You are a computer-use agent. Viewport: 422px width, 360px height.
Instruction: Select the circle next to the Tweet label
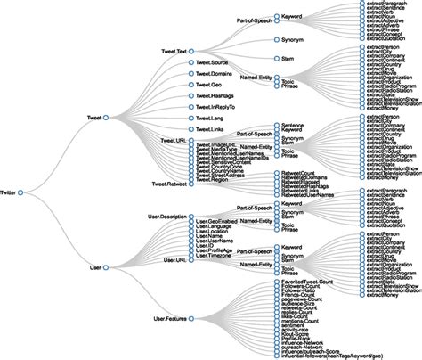(x=105, y=117)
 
